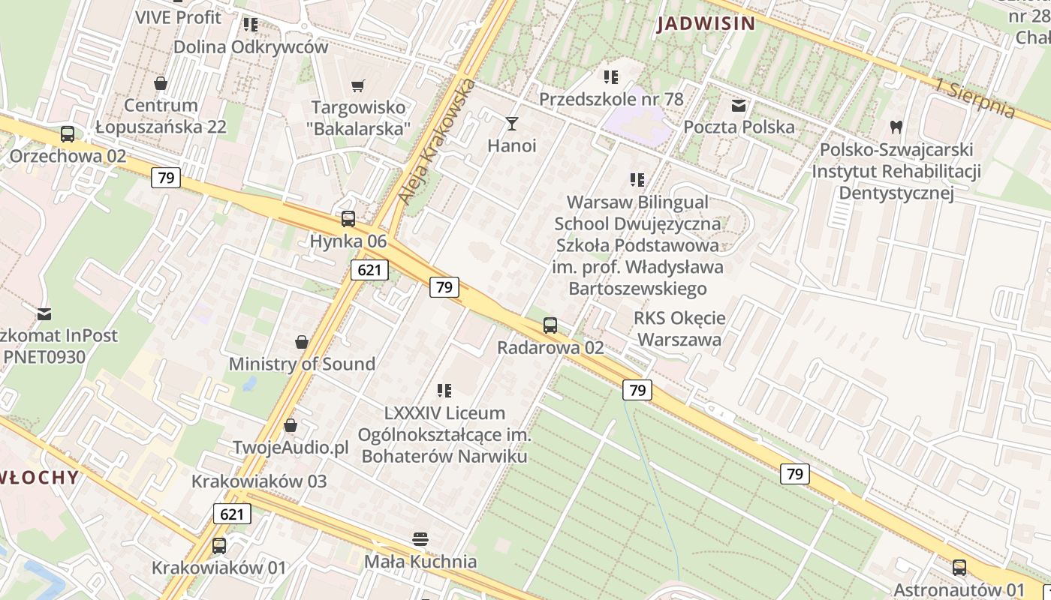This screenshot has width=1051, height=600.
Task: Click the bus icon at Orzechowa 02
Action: [68, 134]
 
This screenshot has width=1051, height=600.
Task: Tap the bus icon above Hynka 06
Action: [348, 219]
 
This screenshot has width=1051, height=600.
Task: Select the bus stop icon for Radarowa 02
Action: [550, 325]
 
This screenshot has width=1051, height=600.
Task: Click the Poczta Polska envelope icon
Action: [739, 106]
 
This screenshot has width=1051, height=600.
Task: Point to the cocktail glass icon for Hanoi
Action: [512, 123]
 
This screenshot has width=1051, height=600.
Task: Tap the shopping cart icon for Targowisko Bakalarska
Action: [359, 85]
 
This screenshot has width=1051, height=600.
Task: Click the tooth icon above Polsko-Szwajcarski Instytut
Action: [895, 127]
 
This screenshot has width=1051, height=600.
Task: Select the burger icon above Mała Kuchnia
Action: [420, 539]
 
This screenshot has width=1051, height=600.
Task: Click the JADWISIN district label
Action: [706, 23]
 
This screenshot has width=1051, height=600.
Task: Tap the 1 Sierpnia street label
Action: [975, 97]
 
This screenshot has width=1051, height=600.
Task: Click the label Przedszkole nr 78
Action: [611, 99]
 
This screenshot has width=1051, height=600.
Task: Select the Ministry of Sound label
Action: [302, 364]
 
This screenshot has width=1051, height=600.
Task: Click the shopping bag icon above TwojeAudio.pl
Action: [291, 426]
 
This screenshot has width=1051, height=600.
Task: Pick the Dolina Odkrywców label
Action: [251, 46]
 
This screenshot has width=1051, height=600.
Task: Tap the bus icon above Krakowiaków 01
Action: [219, 546]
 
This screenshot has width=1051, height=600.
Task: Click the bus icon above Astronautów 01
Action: [959, 568]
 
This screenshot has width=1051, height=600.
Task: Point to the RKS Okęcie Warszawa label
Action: [678, 328]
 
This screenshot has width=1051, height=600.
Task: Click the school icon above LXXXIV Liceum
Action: [444, 391]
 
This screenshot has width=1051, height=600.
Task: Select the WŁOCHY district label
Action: [39, 477]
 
